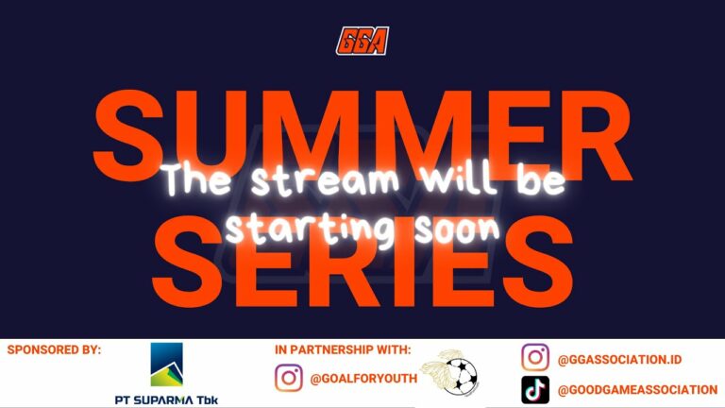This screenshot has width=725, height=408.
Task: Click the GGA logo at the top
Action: [362, 42]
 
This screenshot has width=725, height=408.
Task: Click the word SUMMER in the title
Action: [362, 136]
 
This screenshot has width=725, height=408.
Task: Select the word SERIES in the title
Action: [362, 262]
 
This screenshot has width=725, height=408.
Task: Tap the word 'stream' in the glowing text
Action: [325, 179]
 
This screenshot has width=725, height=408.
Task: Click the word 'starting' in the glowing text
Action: [310, 229]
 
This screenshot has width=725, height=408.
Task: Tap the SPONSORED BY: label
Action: [54, 349]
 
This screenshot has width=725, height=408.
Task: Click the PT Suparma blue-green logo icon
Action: [167, 365]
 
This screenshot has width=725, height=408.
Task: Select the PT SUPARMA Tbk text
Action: [166, 399]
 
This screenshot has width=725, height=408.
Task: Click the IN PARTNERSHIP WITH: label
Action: [343, 349]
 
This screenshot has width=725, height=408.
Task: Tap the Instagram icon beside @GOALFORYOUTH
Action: [289, 378]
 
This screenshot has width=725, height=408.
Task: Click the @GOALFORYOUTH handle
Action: [363, 379]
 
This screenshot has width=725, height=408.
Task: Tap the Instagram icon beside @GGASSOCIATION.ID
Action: [535, 357]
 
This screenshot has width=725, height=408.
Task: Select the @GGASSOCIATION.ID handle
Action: [619, 360]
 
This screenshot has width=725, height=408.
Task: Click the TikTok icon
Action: [535, 390]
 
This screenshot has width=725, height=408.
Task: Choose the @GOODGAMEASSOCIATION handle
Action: [637, 390]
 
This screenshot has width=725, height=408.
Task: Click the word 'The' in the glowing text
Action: [197, 179]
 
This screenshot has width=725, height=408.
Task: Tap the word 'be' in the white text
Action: [542, 179]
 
